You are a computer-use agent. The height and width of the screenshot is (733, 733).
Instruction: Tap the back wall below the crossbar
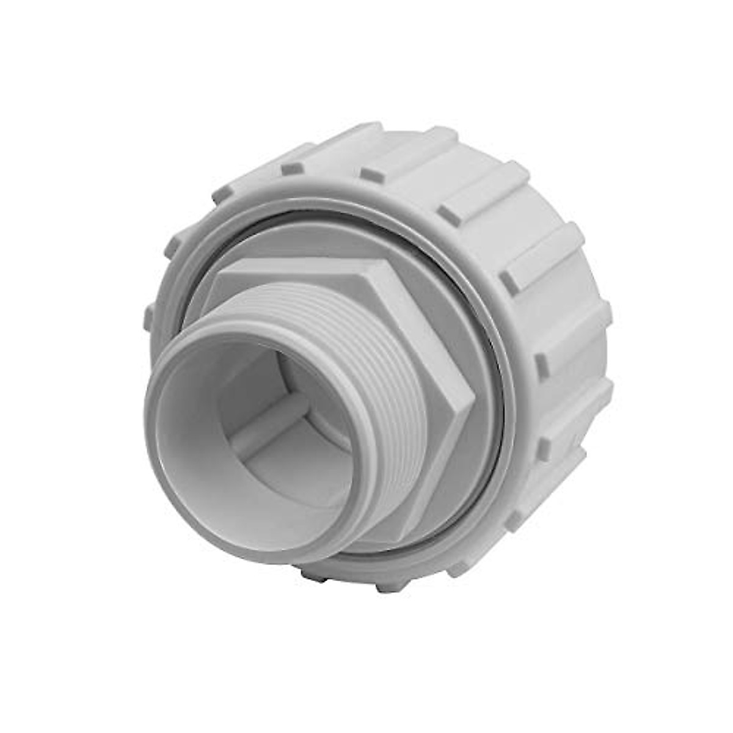pos(275,452)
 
